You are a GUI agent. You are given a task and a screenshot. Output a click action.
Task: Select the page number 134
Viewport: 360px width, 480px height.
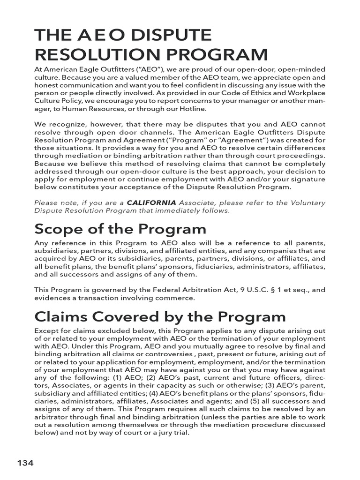[x=25, y=463]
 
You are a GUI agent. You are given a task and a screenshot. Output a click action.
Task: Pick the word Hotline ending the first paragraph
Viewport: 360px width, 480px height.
[x=191, y=109]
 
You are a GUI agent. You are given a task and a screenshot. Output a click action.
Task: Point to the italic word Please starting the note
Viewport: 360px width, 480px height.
[x=46, y=202]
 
